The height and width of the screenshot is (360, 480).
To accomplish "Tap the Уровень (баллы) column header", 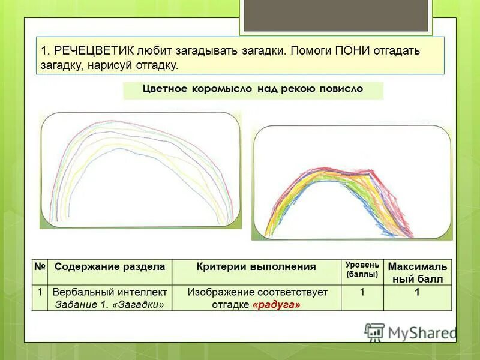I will [362, 269].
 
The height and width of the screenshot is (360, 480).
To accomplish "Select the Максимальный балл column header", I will [417, 272].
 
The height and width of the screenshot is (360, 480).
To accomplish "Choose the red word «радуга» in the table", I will [277, 305].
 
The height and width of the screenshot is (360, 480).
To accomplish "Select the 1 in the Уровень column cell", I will [362, 293].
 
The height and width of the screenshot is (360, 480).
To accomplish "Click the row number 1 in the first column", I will [40, 293].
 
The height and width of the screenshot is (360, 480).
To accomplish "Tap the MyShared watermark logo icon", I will [374, 332].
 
